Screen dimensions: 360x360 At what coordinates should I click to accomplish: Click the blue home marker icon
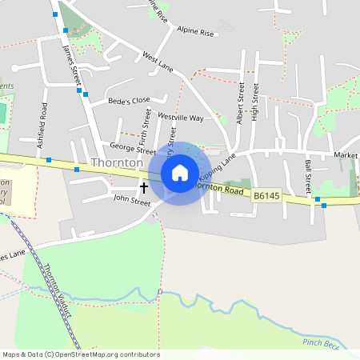tap(180, 172)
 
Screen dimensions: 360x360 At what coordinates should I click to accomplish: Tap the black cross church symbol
tap(144, 188)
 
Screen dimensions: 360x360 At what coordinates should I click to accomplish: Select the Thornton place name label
tap(117, 162)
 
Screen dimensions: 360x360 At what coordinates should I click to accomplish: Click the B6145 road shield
tap(267, 195)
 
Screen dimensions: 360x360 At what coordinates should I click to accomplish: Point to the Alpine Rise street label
tap(196, 33)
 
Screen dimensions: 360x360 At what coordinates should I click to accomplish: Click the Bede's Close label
tap(130, 101)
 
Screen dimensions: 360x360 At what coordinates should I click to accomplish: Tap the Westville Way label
tap(181, 118)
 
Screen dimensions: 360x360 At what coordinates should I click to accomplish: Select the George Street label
tap(132, 148)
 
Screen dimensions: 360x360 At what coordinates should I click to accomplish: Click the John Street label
tap(132, 202)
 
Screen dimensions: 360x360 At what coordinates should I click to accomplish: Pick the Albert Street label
tap(239, 99)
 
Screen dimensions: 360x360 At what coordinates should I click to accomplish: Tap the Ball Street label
tap(308, 176)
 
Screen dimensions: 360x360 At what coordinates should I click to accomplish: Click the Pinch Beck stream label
tap(321, 343)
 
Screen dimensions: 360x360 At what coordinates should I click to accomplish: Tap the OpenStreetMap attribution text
tap(80, 354)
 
